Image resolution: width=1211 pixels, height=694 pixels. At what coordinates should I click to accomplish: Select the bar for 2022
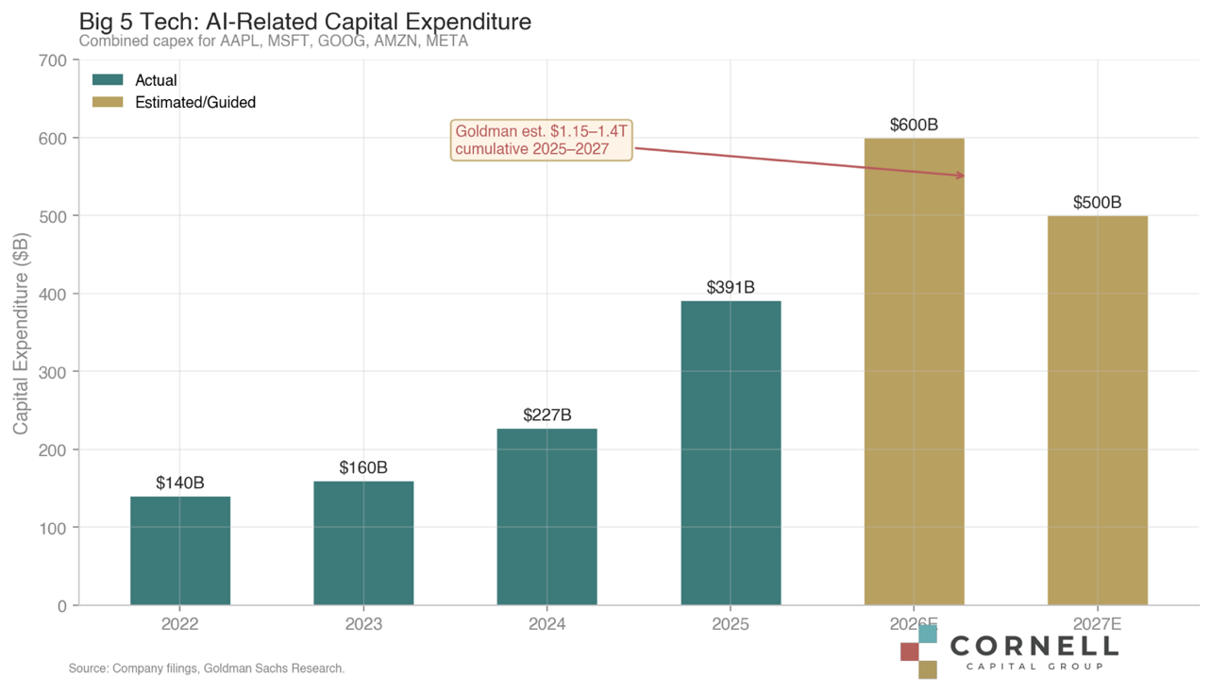tap(180, 550)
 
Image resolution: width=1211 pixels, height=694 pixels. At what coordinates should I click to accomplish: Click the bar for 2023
tap(363, 543)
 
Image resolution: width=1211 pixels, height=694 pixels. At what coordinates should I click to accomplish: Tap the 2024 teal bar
tap(547, 516)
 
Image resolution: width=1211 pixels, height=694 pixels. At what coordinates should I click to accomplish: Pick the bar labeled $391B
tap(731, 453)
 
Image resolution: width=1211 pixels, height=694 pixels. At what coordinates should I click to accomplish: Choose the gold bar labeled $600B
tap(914, 372)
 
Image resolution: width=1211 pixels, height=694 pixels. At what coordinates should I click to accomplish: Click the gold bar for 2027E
tap(1098, 411)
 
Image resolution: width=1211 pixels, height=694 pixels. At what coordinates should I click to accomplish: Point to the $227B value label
tap(547, 415)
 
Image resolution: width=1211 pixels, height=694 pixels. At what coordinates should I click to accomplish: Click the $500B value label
tap(1098, 202)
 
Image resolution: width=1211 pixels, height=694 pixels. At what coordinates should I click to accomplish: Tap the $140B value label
tap(180, 482)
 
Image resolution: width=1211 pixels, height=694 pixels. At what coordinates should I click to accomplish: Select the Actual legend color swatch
tap(109, 80)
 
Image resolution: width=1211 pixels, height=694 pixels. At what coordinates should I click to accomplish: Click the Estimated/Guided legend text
tap(195, 102)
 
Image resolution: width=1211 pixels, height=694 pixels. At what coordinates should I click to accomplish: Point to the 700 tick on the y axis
tap(56, 60)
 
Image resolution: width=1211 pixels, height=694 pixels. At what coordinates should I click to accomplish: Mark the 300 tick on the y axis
tap(56, 372)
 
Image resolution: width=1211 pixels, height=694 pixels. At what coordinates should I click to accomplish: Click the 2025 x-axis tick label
tap(731, 625)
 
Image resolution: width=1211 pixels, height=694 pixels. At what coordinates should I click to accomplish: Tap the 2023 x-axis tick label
tap(363, 625)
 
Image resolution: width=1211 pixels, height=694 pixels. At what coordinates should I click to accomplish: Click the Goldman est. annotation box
tap(542, 140)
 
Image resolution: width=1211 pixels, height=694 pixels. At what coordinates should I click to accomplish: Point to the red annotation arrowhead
tap(961, 176)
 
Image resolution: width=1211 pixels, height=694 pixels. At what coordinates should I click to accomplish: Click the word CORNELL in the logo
tap(1034, 646)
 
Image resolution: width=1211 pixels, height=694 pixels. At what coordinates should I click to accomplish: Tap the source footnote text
tap(207, 669)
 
